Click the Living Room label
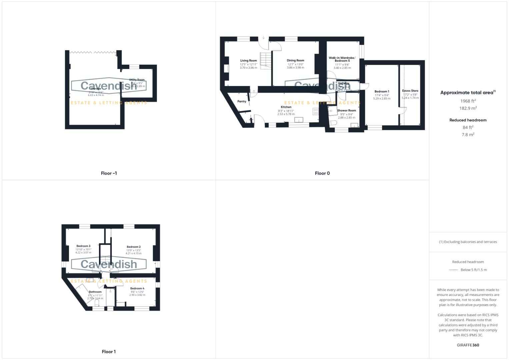248,61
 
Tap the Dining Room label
295,61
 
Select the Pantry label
242,101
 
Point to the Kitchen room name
286,107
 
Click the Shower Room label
346,110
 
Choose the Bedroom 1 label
382,91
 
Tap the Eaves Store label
410,91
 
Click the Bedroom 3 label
83,246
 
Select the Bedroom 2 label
133,247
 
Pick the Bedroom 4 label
137,288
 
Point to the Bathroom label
95,292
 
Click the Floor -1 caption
109,173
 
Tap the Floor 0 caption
322,173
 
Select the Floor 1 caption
109,352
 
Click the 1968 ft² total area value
468,101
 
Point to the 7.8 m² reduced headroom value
468,135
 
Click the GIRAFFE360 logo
468,345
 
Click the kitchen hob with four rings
315,111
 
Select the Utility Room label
137,80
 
